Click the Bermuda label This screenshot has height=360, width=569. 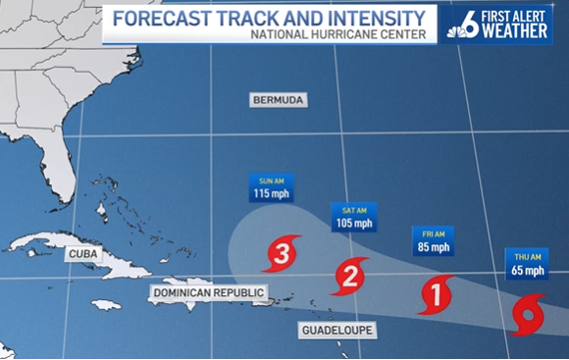276,101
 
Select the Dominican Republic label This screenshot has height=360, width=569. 208,292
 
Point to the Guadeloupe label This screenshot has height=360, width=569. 336,331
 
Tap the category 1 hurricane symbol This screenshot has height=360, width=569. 436,292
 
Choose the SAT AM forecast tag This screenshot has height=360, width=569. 354,209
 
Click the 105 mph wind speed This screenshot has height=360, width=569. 354,224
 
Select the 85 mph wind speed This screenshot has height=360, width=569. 433,247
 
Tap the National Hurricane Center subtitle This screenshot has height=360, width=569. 338,36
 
